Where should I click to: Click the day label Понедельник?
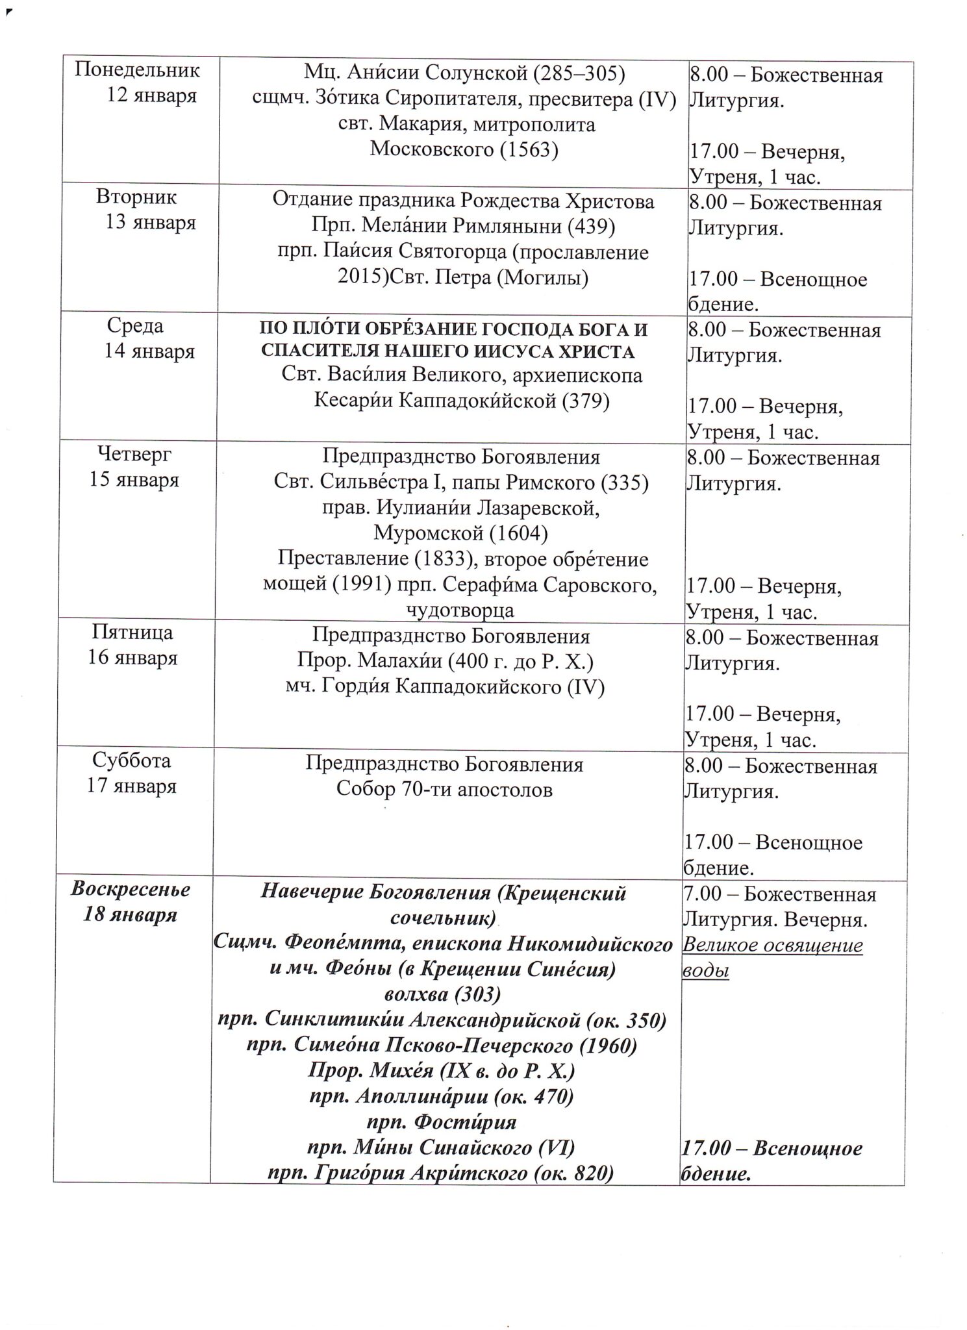(137, 69)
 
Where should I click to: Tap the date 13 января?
(151, 222)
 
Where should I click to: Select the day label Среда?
(135, 325)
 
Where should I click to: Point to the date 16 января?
(132, 657)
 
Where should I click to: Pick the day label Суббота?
(131, 760)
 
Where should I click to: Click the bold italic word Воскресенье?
(131, 888)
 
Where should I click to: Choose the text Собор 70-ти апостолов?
(444, 789)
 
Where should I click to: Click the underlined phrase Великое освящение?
(772, 945)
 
